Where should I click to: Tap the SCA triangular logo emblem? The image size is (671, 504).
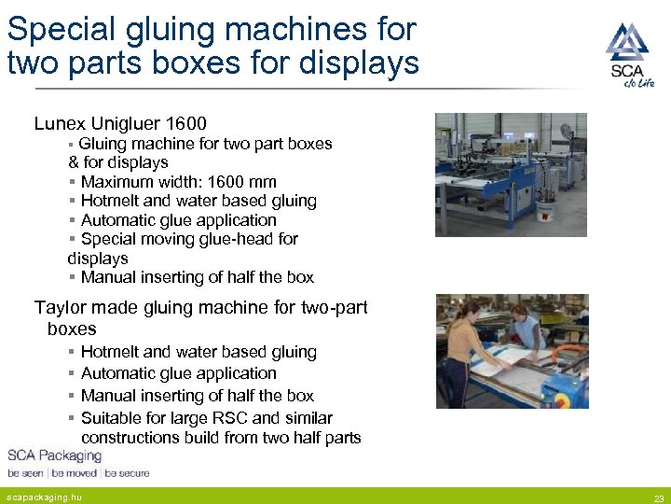pyautogui.click(x=627, y=42)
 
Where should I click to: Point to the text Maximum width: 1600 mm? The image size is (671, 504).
pyautogui.click(x=178, y=182)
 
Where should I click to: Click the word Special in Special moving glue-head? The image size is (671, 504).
pyautogui.click(x=113, y=239)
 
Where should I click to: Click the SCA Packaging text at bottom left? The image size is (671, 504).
pyautogui.click(x=54, y=455)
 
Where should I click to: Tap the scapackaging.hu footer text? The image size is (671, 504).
pyautogui.click(x=44, y=497)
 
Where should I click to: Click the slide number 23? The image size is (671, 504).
pyautogui.click(x=658, y=497)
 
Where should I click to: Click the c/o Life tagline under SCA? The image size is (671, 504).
pyautogui.click(x=639, y=84)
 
